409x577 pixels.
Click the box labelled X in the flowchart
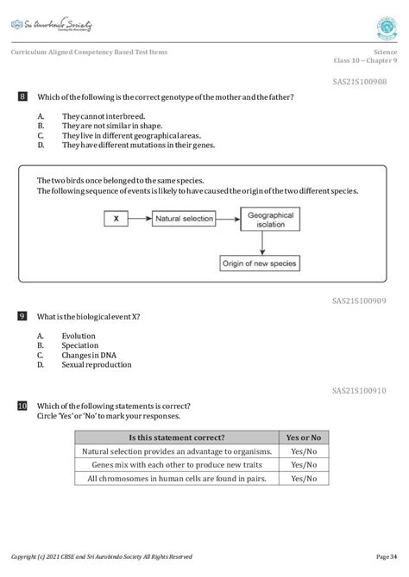(x=116, y=220)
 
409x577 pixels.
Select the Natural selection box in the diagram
(x=183, y=220)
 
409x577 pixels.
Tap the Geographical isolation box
(x=270, y=220)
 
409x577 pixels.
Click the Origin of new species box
(x=270, y=261)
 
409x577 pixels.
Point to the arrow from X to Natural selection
(x=140, y=220)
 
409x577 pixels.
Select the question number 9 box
(x=22, y=316)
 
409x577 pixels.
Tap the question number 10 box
(x=22, y=406)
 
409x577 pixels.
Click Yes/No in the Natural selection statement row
(x=304, y=451)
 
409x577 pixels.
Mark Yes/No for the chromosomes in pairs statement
(x=304, y=479)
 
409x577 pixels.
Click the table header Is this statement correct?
(x=176, y=437)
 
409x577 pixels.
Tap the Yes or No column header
(x=304, y=437)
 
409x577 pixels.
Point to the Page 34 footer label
(x=387, y=556)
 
